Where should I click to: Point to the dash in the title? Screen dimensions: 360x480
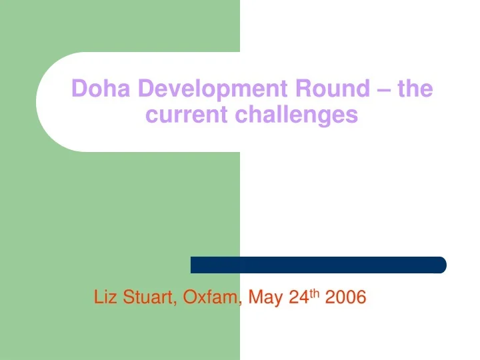(x=383, y=89)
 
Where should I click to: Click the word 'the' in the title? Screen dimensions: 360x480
(x=415, y=88)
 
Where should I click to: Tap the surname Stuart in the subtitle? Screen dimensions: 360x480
(x=147, y=297)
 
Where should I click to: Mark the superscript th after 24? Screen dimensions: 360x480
(x=314, y=293)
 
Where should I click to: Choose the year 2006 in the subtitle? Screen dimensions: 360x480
(x=345, y=297)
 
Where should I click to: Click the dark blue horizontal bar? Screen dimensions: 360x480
(x=318, y=265)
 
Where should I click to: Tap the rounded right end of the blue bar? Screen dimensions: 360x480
(x=441, y=265)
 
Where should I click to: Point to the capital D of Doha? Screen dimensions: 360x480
(x=79, y=88)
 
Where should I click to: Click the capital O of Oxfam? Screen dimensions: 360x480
(x=190, y=297)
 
